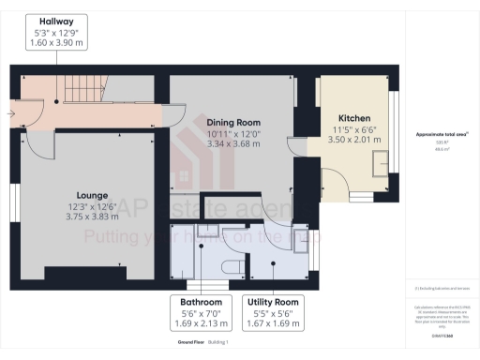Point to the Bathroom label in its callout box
click(x=195, y=302)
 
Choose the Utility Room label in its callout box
click(x=273, y=302)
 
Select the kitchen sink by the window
click(x=380, y=165)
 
